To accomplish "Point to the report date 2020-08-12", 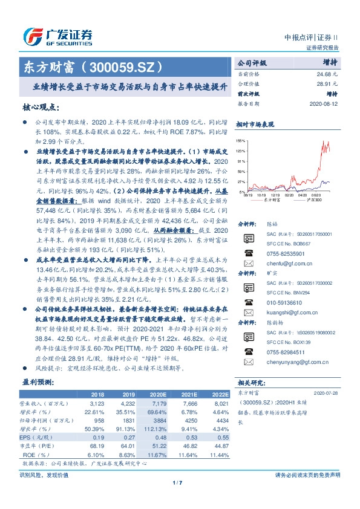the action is click(326, 103).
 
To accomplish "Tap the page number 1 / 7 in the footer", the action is click(177, 482).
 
